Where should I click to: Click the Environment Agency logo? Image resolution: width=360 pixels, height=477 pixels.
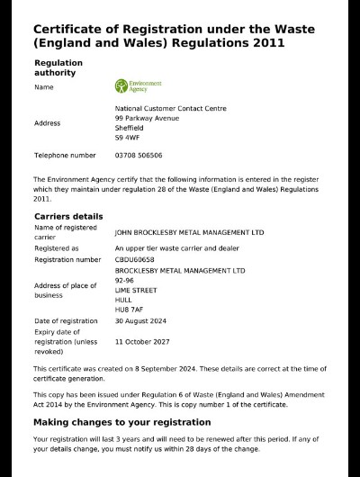(138, 86)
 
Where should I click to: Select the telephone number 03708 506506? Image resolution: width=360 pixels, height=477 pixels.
(139, 156)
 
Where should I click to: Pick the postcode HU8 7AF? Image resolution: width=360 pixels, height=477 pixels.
(130, 309)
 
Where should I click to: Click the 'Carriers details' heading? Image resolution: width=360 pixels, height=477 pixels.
(68, 217)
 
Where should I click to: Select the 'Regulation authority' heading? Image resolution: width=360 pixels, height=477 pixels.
(58, 67)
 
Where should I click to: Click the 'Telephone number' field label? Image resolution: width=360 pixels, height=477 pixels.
(65, 156)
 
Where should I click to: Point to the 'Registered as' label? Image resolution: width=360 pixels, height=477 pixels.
(57, 247)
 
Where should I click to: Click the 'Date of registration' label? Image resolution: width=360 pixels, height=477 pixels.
(66, 320)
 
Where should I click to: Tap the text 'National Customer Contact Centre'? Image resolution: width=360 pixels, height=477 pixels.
(171, 108)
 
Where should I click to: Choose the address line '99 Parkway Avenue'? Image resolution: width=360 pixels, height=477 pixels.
(148, 118)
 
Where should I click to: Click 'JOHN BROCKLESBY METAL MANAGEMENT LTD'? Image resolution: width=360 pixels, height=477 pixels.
(189, 232)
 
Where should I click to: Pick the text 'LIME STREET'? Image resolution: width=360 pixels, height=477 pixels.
(136, 290)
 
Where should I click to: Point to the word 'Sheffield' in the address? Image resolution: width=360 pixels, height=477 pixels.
(130, 128)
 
